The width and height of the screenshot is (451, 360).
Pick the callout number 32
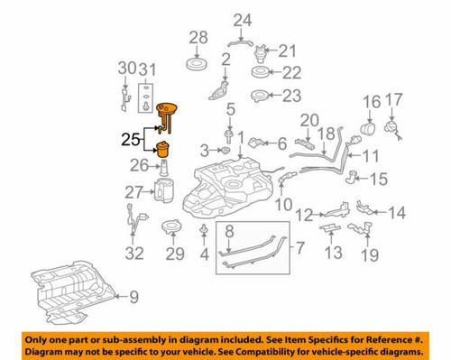[x=133, y=253]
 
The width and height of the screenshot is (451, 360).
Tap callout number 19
[x=370, y=256]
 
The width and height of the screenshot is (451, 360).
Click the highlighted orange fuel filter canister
[x=165, y=150]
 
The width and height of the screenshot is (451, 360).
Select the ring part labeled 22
[x=259, y=72]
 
